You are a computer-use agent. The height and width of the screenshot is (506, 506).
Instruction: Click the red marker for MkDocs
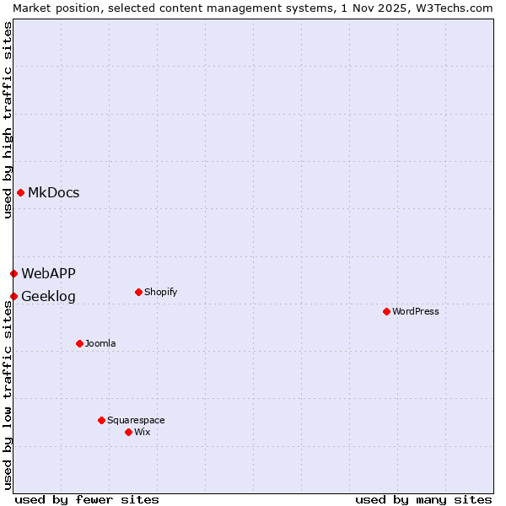pyautogui.click(x=20, y=193)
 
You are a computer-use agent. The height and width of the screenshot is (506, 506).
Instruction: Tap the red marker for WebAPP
pyautogui.click(x=13, y=273)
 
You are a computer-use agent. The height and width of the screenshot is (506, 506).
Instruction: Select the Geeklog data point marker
pyautogui.click(x=13, y=296)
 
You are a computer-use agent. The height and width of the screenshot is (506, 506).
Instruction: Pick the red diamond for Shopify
pyautogui.click(x=138, y=293)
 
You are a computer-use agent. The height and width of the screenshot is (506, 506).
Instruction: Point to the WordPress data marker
pyautogui.click(x=386, y=312)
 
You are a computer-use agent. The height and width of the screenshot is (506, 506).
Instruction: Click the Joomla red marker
pyautogui.click(x=79, y=343)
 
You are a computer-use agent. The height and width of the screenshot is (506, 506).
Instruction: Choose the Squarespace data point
pyautogui.click(x=101, y=420)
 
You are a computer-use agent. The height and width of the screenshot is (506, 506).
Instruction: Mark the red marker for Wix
pyautogui.click(x=128, y=432)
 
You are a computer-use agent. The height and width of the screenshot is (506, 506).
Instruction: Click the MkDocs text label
pyautogui.click(x=54, y=193)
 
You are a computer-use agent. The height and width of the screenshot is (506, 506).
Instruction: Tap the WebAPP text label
pyautogui.click(x=49, y=273)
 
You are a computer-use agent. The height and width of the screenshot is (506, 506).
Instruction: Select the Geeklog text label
pyautogui.click(x=49, y=297)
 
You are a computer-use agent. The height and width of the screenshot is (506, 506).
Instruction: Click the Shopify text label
pyautogui.click(x=161, y=293)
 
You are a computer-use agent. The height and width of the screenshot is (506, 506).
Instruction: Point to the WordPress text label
pyautogui.click(x=416, y=312)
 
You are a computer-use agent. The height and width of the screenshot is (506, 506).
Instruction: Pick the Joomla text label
pyautogui.click(x=100, y=344)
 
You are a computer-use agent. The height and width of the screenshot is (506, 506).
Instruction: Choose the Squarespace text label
pyautogui.click(x=136, y=421)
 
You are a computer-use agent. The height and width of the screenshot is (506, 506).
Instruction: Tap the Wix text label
pyautogui.click(x=143, y=433)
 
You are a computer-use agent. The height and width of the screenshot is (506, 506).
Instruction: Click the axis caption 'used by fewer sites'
pyautogui.click(x=87, y=499)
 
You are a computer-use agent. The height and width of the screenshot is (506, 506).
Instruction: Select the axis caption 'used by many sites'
pyautogui.click(x=423, y=499)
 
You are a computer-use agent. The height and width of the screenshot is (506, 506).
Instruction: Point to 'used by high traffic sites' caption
pyautogui.click(x=8, y=120)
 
